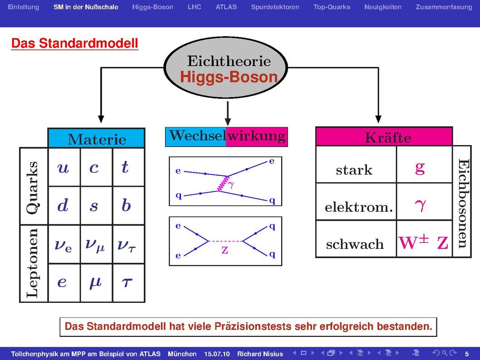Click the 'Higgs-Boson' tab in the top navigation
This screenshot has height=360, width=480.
coord(152,7)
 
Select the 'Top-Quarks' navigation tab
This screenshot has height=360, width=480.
coord(332,7)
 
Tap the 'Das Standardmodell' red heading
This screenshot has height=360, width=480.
coord(75,43)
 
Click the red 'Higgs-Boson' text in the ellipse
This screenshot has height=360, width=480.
coord(229,77)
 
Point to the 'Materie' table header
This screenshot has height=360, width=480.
coord(97,138)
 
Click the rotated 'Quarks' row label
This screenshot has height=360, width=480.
coord(33,187)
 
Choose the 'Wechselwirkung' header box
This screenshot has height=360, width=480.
coord(226,136)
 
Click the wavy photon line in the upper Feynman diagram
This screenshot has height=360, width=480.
coord(223,184)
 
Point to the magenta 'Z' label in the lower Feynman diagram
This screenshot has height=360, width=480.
coord(225,250)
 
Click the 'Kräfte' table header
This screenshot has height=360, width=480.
coord(384,136)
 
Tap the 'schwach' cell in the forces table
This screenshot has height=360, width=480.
coord(356,239)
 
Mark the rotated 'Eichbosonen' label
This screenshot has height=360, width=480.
coord(463,203)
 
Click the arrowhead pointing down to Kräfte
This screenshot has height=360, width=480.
coord(378,119)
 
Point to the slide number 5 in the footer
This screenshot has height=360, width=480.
coord(467,354)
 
